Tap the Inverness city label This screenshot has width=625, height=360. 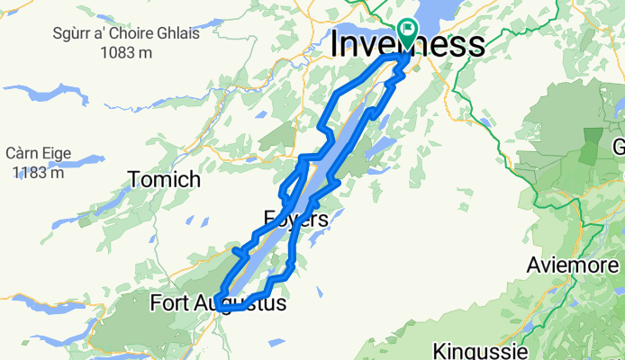coord(408,45)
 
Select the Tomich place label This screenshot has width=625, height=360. coord(164,179)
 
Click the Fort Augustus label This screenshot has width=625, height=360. coord(219,303)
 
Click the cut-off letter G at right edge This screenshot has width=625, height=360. coord(619,147)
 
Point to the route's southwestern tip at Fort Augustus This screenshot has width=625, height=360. coord(220,309)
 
